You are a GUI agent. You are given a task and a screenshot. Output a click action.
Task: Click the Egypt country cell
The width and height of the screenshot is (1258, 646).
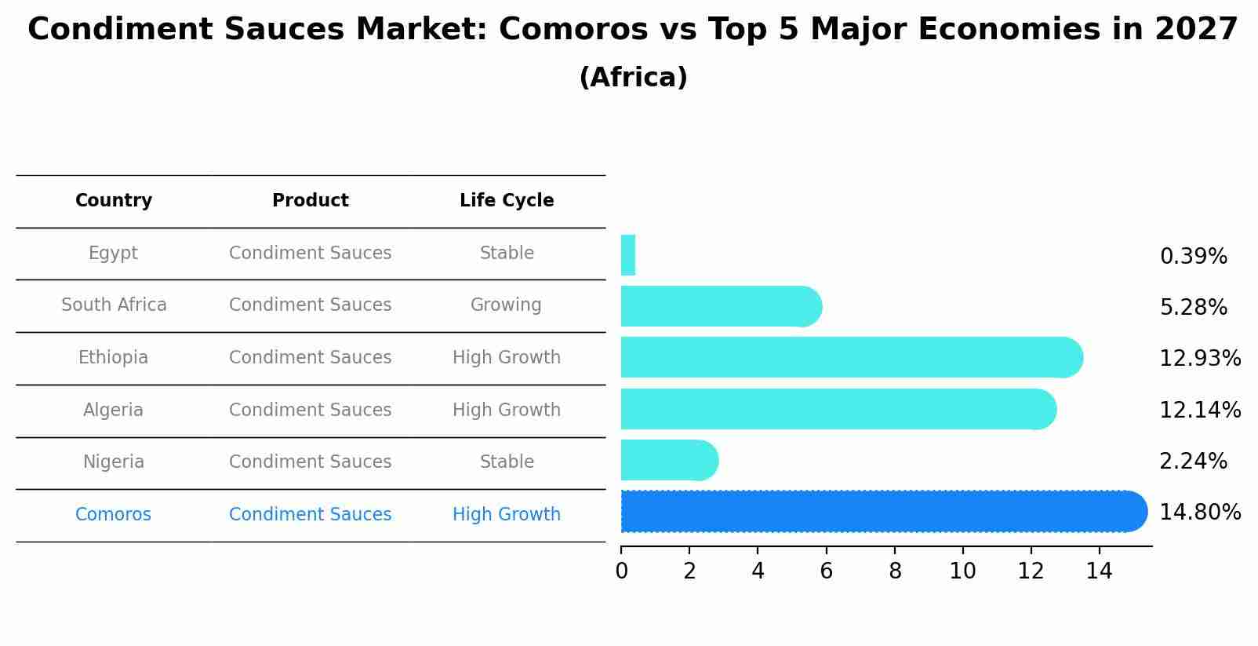113,254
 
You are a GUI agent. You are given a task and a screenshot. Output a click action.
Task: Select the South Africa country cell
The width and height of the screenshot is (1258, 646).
114,305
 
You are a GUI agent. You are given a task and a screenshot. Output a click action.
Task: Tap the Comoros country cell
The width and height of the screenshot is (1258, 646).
113,515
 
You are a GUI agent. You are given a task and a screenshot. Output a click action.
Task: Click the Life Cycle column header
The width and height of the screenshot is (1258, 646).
507,201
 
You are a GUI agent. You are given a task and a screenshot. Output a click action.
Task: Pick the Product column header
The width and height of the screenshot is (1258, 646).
310,201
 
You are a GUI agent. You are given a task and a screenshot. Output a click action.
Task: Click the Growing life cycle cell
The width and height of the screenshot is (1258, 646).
506,305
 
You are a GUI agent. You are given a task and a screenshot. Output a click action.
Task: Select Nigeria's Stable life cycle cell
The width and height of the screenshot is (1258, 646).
507,462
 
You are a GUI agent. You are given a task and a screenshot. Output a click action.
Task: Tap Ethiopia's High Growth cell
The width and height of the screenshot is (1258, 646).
507,358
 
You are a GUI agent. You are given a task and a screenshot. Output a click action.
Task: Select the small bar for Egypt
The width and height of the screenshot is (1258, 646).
627,255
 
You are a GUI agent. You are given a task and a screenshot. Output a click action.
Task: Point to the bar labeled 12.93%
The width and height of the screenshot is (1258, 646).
847,357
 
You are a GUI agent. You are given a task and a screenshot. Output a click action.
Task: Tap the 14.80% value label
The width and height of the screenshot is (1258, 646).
1200,513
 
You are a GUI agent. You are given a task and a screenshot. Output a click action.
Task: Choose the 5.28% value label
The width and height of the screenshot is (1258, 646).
1193,308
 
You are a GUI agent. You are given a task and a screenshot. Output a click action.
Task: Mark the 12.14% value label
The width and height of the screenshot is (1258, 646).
1200,410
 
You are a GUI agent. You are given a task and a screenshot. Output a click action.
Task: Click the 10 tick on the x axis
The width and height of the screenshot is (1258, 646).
962,571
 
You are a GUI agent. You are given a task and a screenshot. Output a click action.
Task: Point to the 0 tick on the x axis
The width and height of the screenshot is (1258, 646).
621,571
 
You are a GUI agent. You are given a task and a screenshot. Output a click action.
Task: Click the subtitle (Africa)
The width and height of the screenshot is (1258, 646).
633,78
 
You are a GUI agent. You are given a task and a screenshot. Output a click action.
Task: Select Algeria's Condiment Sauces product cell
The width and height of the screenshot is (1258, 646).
310,411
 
